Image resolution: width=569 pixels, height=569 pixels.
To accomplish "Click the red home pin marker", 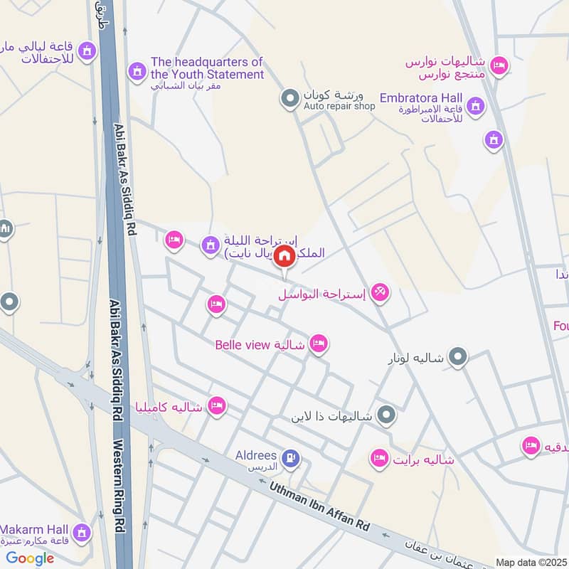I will (x=284, y=256).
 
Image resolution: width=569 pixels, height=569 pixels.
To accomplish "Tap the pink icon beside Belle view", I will (x=319, y=344).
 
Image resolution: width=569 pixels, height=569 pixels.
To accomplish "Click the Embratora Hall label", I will (x=420, y=97).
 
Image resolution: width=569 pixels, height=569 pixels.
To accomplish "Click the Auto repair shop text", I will (x=339, y=107).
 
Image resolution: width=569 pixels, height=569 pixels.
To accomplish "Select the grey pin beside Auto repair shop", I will (x=289, y=98).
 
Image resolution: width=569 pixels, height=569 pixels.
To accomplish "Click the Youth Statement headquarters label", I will (x=206, y=68).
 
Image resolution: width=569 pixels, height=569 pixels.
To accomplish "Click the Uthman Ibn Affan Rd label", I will (x=320, y=506).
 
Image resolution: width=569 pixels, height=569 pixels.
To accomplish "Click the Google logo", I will (x=30, y=558).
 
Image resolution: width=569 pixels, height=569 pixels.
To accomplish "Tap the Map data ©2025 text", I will (x=530, y=562).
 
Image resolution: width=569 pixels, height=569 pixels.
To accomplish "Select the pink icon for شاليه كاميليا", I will (x=217, y=406).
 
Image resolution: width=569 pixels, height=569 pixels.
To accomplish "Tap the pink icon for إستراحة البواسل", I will (x=381, y=292).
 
